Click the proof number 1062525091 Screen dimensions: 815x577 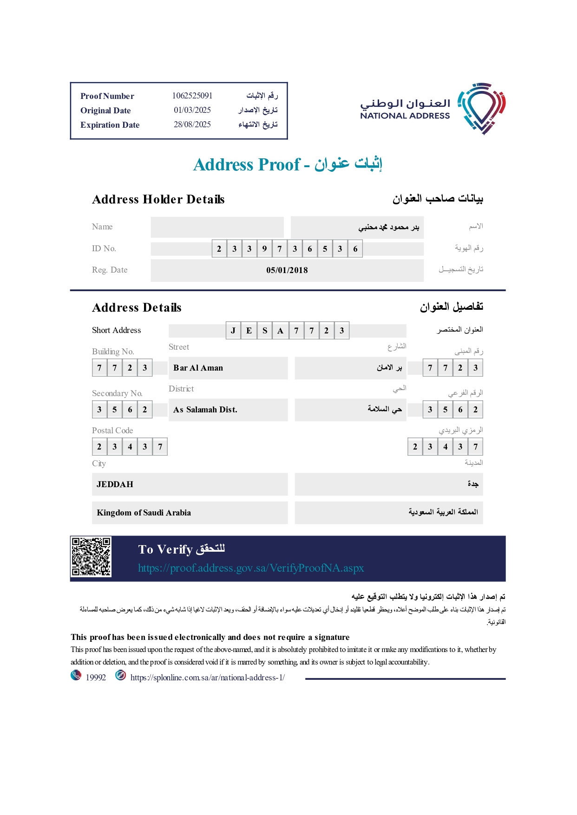[x=192, y=96]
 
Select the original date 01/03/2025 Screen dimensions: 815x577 [x=192, y=110]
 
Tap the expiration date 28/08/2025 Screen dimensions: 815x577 [x=192, y=124]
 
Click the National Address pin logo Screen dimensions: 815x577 [x=482, y=108]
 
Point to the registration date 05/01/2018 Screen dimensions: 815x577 [x=287, y=270]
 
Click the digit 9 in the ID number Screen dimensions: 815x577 [x=264, y=249]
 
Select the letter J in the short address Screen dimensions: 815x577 [x=233, y=331]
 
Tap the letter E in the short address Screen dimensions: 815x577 [x=249, y=331]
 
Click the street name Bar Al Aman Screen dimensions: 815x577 [x=198, y=368]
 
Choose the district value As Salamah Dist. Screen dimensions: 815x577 [x=205, y=410]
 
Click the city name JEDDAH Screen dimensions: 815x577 [x=115, y=484]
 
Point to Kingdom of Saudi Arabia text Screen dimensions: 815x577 [x=144, y=513]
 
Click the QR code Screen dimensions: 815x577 [x=91, y=557]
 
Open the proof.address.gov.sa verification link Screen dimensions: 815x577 [x=251, y=568]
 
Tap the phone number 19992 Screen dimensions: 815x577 [x=96, y=678]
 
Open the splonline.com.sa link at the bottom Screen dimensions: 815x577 [x=207, y=678]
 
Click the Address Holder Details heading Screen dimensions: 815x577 [x=158, y=200]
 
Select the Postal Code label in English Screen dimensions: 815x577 [x=112, y=430]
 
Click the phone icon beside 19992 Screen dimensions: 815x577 [x=76, y=675]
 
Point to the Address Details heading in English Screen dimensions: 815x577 [x=137, y=308]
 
